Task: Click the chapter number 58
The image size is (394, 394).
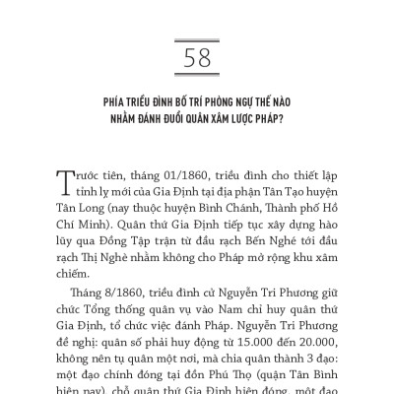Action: [x=196, y=58]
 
